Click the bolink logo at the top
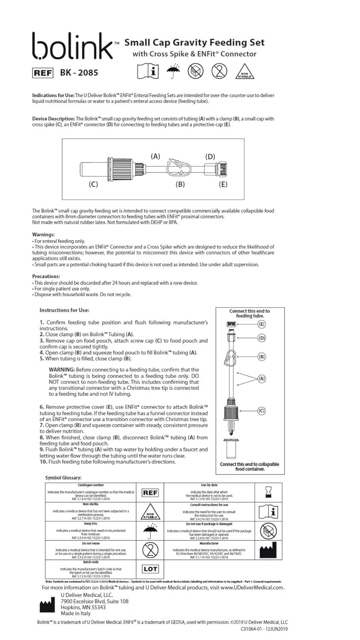coord(73,47)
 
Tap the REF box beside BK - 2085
coord(43,73)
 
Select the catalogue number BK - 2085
coord(79,73)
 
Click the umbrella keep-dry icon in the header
coord(173,71)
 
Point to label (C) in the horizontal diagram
coord(93,184)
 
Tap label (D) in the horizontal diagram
coord(210,157)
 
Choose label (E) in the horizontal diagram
coord(223,184)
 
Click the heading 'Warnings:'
coord(44,235)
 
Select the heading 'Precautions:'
coord(46,276)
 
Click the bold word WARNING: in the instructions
coord(62,369)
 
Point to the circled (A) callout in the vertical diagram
coord(262,378)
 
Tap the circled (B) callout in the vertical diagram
coord(262,356)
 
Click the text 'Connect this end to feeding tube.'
coord(250,314)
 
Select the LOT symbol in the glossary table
coord(150,569)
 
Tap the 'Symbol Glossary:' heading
coord(63,478)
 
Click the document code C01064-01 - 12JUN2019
coord(264,629)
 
